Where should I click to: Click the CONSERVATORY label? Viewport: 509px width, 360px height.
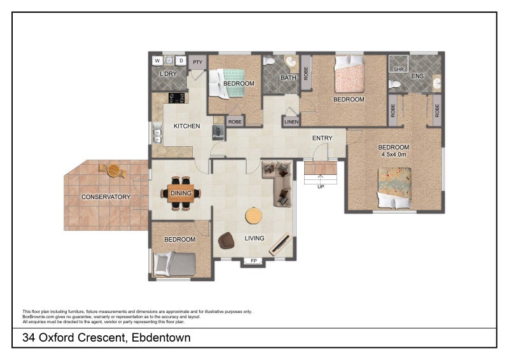[x=106, y=197]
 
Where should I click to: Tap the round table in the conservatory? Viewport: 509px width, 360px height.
[x=114, y=170]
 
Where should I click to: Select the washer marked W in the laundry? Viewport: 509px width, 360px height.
[x=157, y=60]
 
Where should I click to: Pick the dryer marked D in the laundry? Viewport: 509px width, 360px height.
[x=181, y=60]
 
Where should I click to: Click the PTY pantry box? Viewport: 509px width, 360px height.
[x=198, y=62]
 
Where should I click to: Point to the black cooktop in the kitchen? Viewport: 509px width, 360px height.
[x=176, y=98]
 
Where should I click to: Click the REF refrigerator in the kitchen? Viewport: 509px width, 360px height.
[x=218, y=132]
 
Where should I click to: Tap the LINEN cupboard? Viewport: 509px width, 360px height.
[x=291, y=121]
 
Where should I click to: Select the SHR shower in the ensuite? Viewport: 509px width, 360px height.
[x=399, y=64]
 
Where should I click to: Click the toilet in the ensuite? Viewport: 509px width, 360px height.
[x=394, y=85]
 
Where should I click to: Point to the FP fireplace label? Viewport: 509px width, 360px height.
[x=254, y=261]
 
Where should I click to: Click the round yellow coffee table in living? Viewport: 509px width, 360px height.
[x=254, y=216]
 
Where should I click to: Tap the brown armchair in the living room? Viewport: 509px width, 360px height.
[x=227, y=240]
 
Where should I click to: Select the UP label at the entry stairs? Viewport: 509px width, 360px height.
[x=321, y=186]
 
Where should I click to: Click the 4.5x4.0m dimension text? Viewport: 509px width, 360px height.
[x=394, y=155]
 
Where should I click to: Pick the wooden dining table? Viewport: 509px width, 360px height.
[x=181, y=193]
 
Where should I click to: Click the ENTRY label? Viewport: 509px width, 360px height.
[x=323, y=138]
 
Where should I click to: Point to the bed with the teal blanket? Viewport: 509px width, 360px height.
[x=227, y=83]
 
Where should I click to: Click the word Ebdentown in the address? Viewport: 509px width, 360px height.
[x=162, y=338]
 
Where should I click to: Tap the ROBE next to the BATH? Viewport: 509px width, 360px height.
[x=306, y=73]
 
